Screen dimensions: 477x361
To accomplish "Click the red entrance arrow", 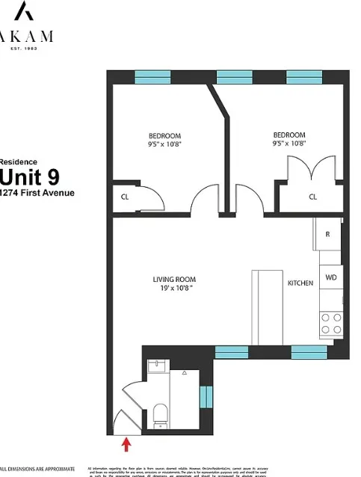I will click(126, 446).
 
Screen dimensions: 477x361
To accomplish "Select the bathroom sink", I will click(155, 367).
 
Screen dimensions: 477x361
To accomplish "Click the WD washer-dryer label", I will click(330, 277).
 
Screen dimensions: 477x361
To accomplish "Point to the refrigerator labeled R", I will click(327, 233).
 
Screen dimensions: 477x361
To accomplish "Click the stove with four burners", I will click(331, 322).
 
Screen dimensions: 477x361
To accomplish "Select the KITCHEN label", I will click(300, 284).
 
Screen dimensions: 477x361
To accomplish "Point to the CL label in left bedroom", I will click(125, 197).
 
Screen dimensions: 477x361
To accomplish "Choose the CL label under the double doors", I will click(312, 197).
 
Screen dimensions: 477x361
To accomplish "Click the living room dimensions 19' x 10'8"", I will click(173, 288).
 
